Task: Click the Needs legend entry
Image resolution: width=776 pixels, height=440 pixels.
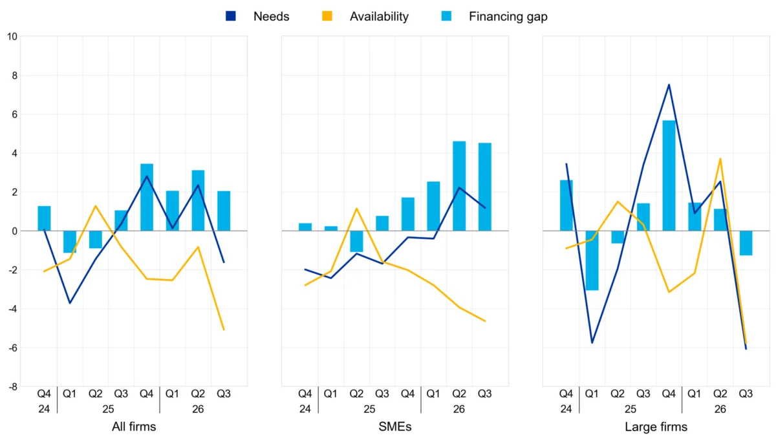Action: click(257, 16)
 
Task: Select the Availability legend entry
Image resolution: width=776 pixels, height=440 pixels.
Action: click(365, 16)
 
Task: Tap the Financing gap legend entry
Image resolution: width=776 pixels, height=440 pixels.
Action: click(494, 16)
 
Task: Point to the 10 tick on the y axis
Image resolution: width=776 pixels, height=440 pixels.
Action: click(12, 36)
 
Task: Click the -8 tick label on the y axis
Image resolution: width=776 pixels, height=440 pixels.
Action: click(12, 386)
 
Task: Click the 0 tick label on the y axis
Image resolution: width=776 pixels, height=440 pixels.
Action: click(14, 231)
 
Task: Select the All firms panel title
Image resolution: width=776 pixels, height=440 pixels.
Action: click(134, 426)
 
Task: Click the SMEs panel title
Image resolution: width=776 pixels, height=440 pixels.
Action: click(395, 426)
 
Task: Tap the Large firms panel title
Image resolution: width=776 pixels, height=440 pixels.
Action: click(656, 426)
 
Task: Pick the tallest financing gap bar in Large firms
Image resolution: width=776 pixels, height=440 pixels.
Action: click(669, 176)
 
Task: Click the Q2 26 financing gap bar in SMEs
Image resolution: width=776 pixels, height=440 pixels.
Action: click(459, 186)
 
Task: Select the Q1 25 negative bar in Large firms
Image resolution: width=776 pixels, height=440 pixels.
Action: click(592, 260)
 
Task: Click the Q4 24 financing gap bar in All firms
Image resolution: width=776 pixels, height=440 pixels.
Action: click(44, 218)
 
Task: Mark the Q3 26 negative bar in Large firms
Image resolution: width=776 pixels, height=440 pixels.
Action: click(746, 243)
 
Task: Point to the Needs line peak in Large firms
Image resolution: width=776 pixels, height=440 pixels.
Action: click(669, 85)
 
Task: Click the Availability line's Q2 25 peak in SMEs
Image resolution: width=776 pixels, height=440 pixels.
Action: click(356, 208)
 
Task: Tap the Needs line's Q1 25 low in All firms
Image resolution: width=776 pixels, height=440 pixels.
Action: click(70, 303)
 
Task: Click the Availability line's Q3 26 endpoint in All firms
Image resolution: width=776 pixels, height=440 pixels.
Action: click(224, 330)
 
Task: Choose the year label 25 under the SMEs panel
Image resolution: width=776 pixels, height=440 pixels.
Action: click(369, 409)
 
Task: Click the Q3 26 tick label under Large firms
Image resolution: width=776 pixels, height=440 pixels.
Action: click(746, 393)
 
